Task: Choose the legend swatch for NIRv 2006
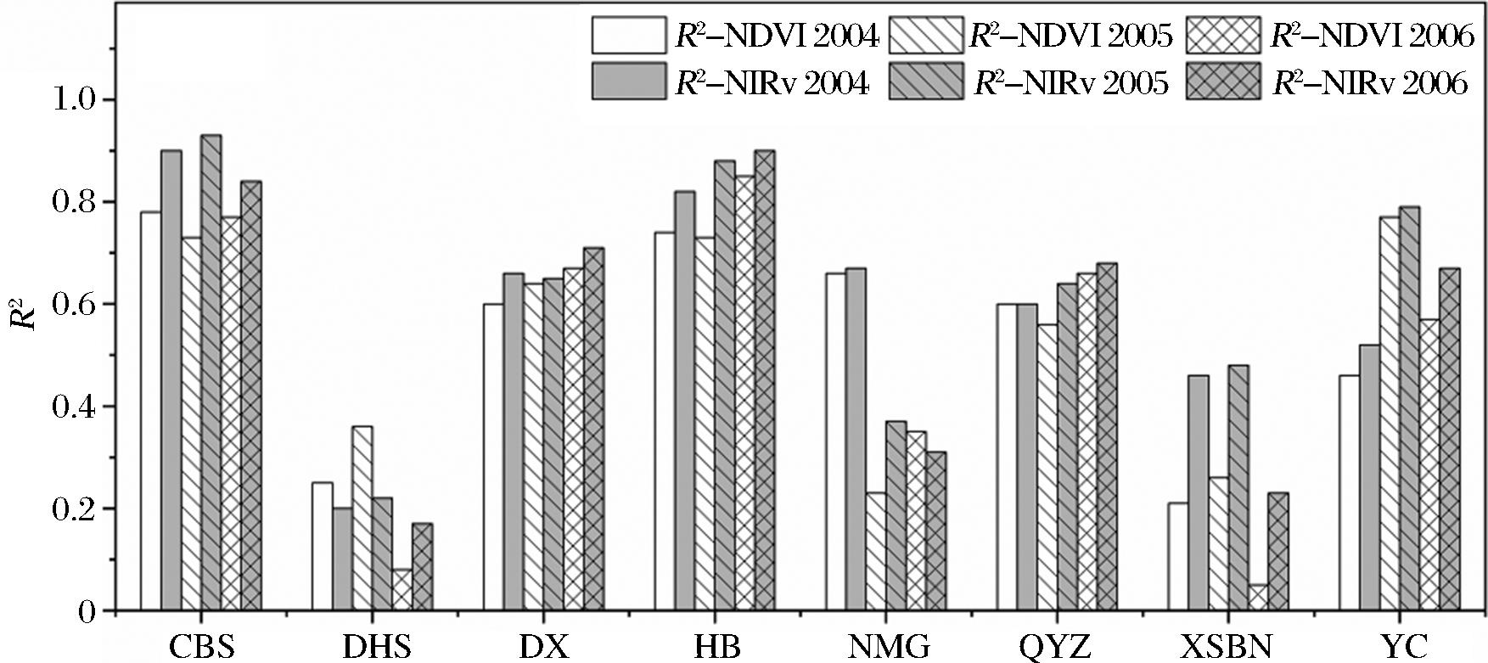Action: click(x=1223, y=82)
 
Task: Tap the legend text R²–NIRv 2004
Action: click(x=772, y=83)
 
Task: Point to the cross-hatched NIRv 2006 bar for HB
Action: click(x=764, y=381)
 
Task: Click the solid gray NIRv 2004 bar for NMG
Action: click(x=856, y=440)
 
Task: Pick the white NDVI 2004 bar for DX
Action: click(x=493, y=458)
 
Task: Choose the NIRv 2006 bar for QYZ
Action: click(x=1107, y=437)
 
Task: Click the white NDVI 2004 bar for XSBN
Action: click(x=1177, y=557)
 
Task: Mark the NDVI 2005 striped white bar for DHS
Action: click(x=362, y=519)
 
